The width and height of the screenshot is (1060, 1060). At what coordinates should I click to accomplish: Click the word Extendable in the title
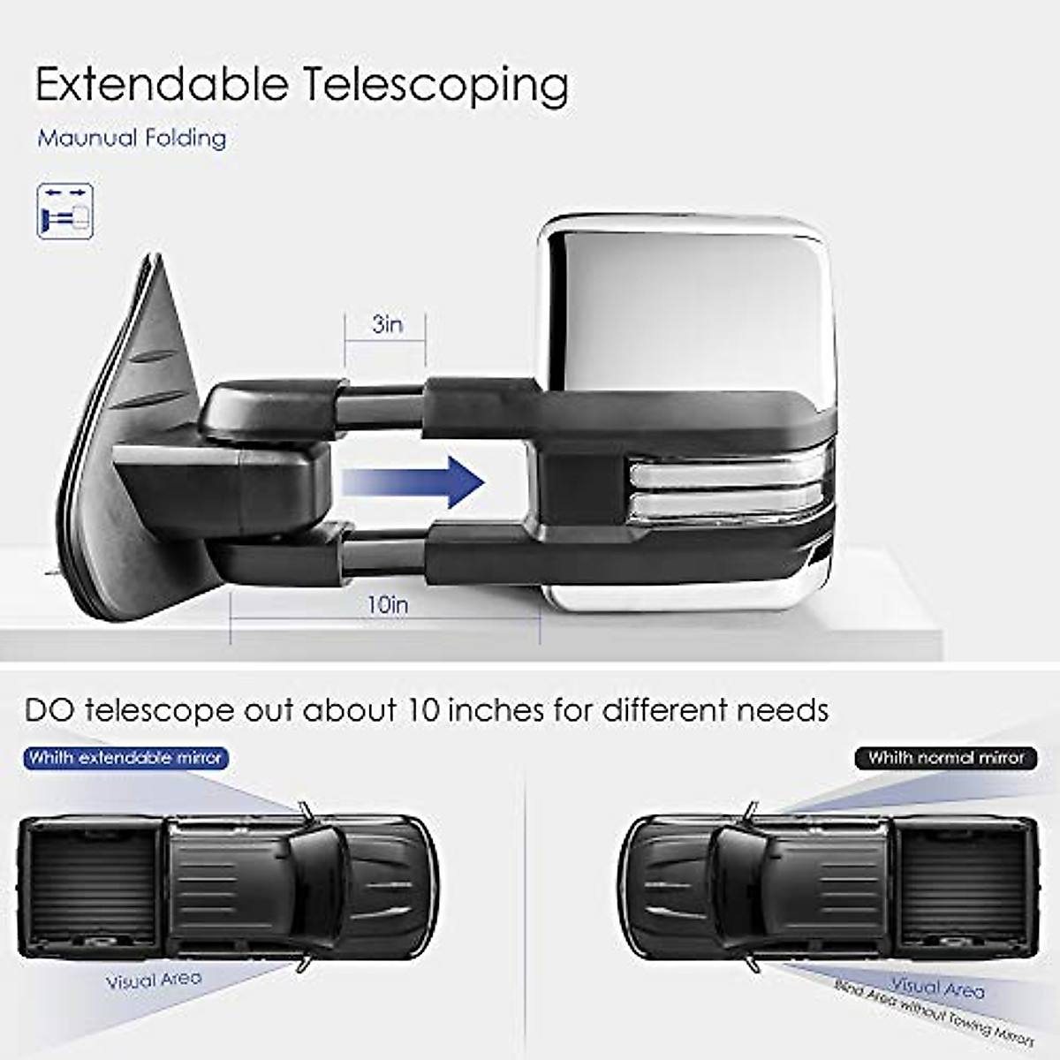pyautogui.click(x=162, y=85)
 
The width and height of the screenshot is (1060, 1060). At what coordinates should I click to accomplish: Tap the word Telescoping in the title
pyautogui.click(x=435, y=87)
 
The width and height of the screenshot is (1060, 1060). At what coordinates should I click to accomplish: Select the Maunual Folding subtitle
pyautogui.click(x=132, y=138)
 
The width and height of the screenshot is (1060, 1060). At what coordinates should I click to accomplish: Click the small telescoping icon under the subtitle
pyautogui.click(x=64, y=210)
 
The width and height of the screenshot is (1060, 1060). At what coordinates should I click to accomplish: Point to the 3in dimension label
pyautogui.click(x=387, y=324)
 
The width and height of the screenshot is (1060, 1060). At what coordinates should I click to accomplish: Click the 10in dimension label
pyautogui.click(x=388, y=605)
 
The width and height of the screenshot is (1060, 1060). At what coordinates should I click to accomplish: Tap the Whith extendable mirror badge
pyautogui.click(x=125, y=758)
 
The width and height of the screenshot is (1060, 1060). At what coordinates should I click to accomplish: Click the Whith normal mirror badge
pyautogui.click(x=945, y=758)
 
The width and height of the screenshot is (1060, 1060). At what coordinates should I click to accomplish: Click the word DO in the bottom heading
pyautogui.click(x=50, y=710)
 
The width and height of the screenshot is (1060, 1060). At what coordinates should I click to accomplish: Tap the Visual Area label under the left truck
pyautogui.click(x=154, y=980)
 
